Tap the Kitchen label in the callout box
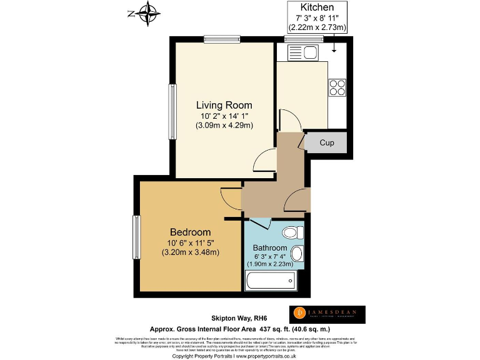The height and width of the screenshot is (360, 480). (x=316, y=7)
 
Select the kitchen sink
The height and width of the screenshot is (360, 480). (x=304, y=52)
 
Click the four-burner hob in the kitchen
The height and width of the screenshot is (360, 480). (x=337, y=87)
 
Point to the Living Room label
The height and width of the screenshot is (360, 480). (x=224, y=105)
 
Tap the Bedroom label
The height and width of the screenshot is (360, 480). (x=190, y=232)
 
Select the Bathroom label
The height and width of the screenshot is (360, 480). (x=270, y=248)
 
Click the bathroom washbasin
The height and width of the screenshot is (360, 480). (x=297, y=254)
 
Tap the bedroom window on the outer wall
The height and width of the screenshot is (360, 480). (x=136, y=237)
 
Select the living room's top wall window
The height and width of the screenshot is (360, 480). (x=223, y=39)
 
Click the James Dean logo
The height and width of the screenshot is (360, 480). (x=326, y=314)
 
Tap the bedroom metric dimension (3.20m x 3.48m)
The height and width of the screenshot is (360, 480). (x=190, y=252)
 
